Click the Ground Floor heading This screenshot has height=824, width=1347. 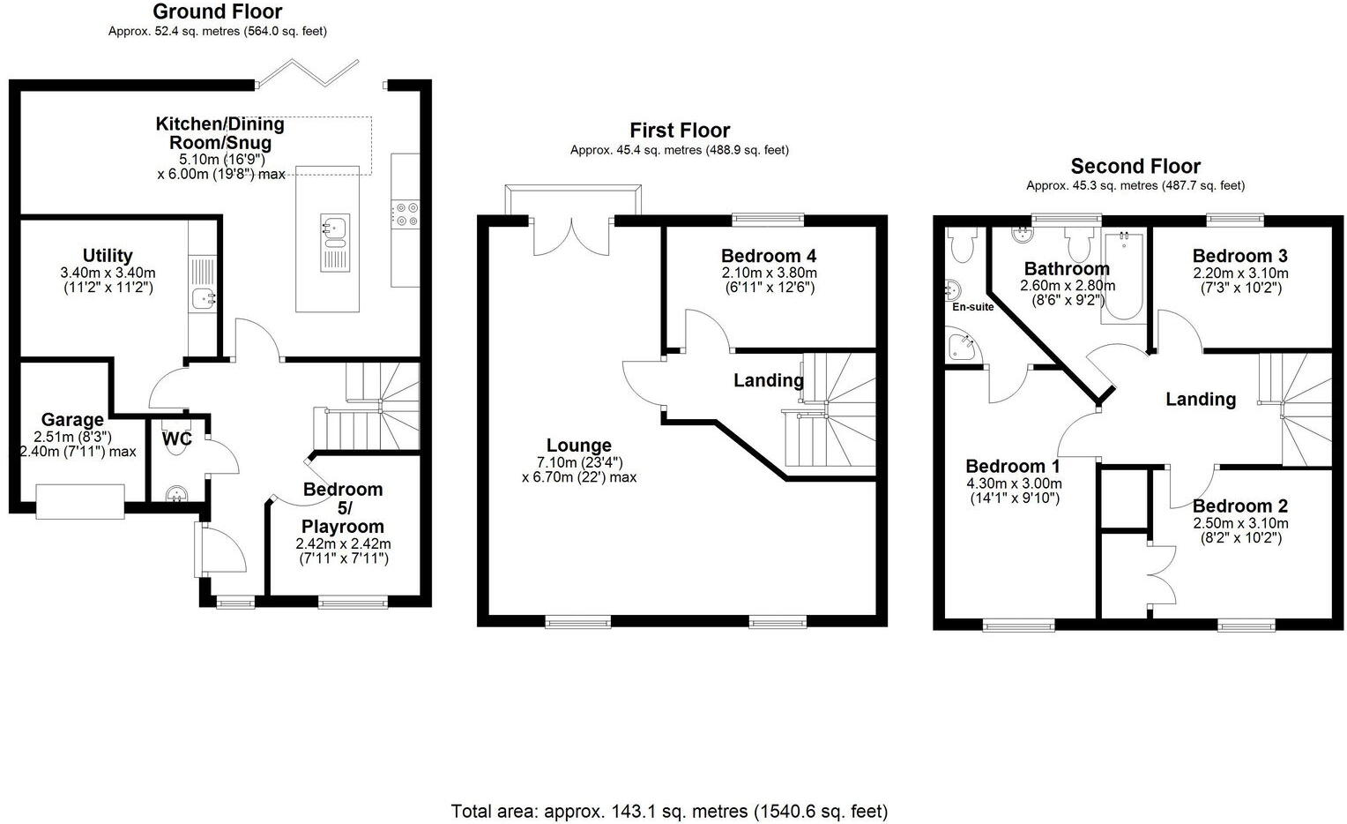[217, 11]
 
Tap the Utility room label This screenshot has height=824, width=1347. [108, 256]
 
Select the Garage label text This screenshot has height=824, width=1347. [72, 420]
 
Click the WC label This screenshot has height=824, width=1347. [177, 438]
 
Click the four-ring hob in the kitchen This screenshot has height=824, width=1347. [406, 214]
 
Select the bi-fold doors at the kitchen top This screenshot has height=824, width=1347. [320, 73]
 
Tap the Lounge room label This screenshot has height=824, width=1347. [578, 446]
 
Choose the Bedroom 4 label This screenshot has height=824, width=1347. [768, 256]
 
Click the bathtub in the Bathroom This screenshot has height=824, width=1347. [1122, 275]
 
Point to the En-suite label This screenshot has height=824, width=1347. [972, 307]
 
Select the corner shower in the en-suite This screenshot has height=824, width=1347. [961, 346]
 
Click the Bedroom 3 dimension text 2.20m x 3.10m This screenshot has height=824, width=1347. [1239, 273]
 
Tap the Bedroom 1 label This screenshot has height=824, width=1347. [1012, 467]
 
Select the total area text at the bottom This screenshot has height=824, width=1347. [669, 811]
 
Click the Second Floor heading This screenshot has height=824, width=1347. [1135, 166]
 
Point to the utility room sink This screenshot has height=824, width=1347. [205, 299]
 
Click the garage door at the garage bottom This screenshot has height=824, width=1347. [80, 501]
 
